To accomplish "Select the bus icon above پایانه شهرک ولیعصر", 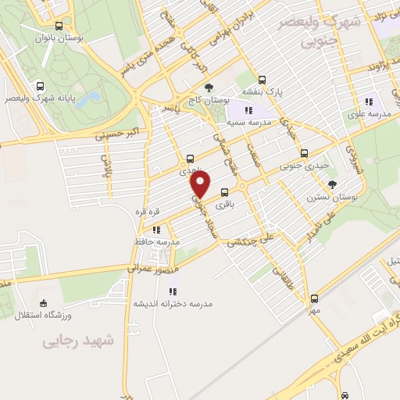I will (41, 87).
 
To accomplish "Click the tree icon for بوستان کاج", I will (209, 88).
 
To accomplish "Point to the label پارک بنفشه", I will (262, 91).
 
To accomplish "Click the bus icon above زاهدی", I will (191, 159).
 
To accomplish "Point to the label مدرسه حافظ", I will (157, 242).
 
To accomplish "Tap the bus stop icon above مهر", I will (314, 298).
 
